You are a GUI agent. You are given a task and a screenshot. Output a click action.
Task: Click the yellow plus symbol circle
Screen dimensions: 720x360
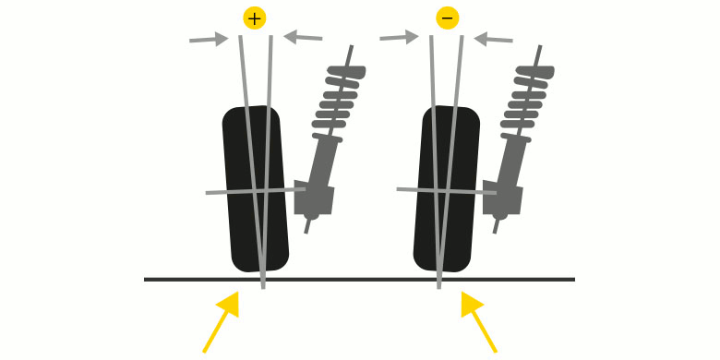[x=255, y=18]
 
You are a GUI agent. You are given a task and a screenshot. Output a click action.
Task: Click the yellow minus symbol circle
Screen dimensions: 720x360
[x=447, y=18]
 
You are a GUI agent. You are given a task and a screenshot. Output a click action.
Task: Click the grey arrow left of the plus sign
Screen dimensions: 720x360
[x=209, y=39]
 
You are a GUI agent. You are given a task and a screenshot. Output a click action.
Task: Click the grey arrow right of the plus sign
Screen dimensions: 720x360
[x=303, y=37]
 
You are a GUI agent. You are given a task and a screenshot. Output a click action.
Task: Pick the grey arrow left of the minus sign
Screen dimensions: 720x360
[x=399, y=37]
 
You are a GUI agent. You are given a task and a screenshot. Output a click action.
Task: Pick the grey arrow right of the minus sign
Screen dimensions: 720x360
[x=493, y=39]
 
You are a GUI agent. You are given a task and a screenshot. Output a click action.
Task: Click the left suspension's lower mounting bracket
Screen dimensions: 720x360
[x=314, y=198]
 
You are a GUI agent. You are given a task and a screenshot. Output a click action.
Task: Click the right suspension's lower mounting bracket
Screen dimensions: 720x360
[x=502, y=198]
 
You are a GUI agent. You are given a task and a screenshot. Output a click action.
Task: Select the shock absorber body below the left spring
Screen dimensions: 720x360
[x=322, y=162]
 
